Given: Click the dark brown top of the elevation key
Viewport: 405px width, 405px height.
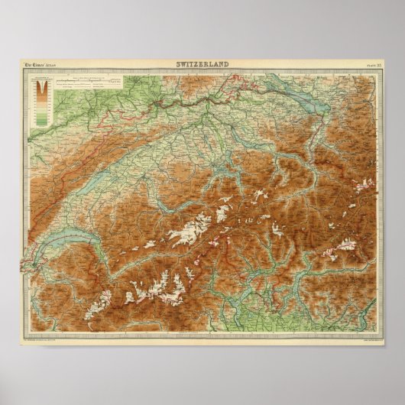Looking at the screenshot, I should click(41, 86).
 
